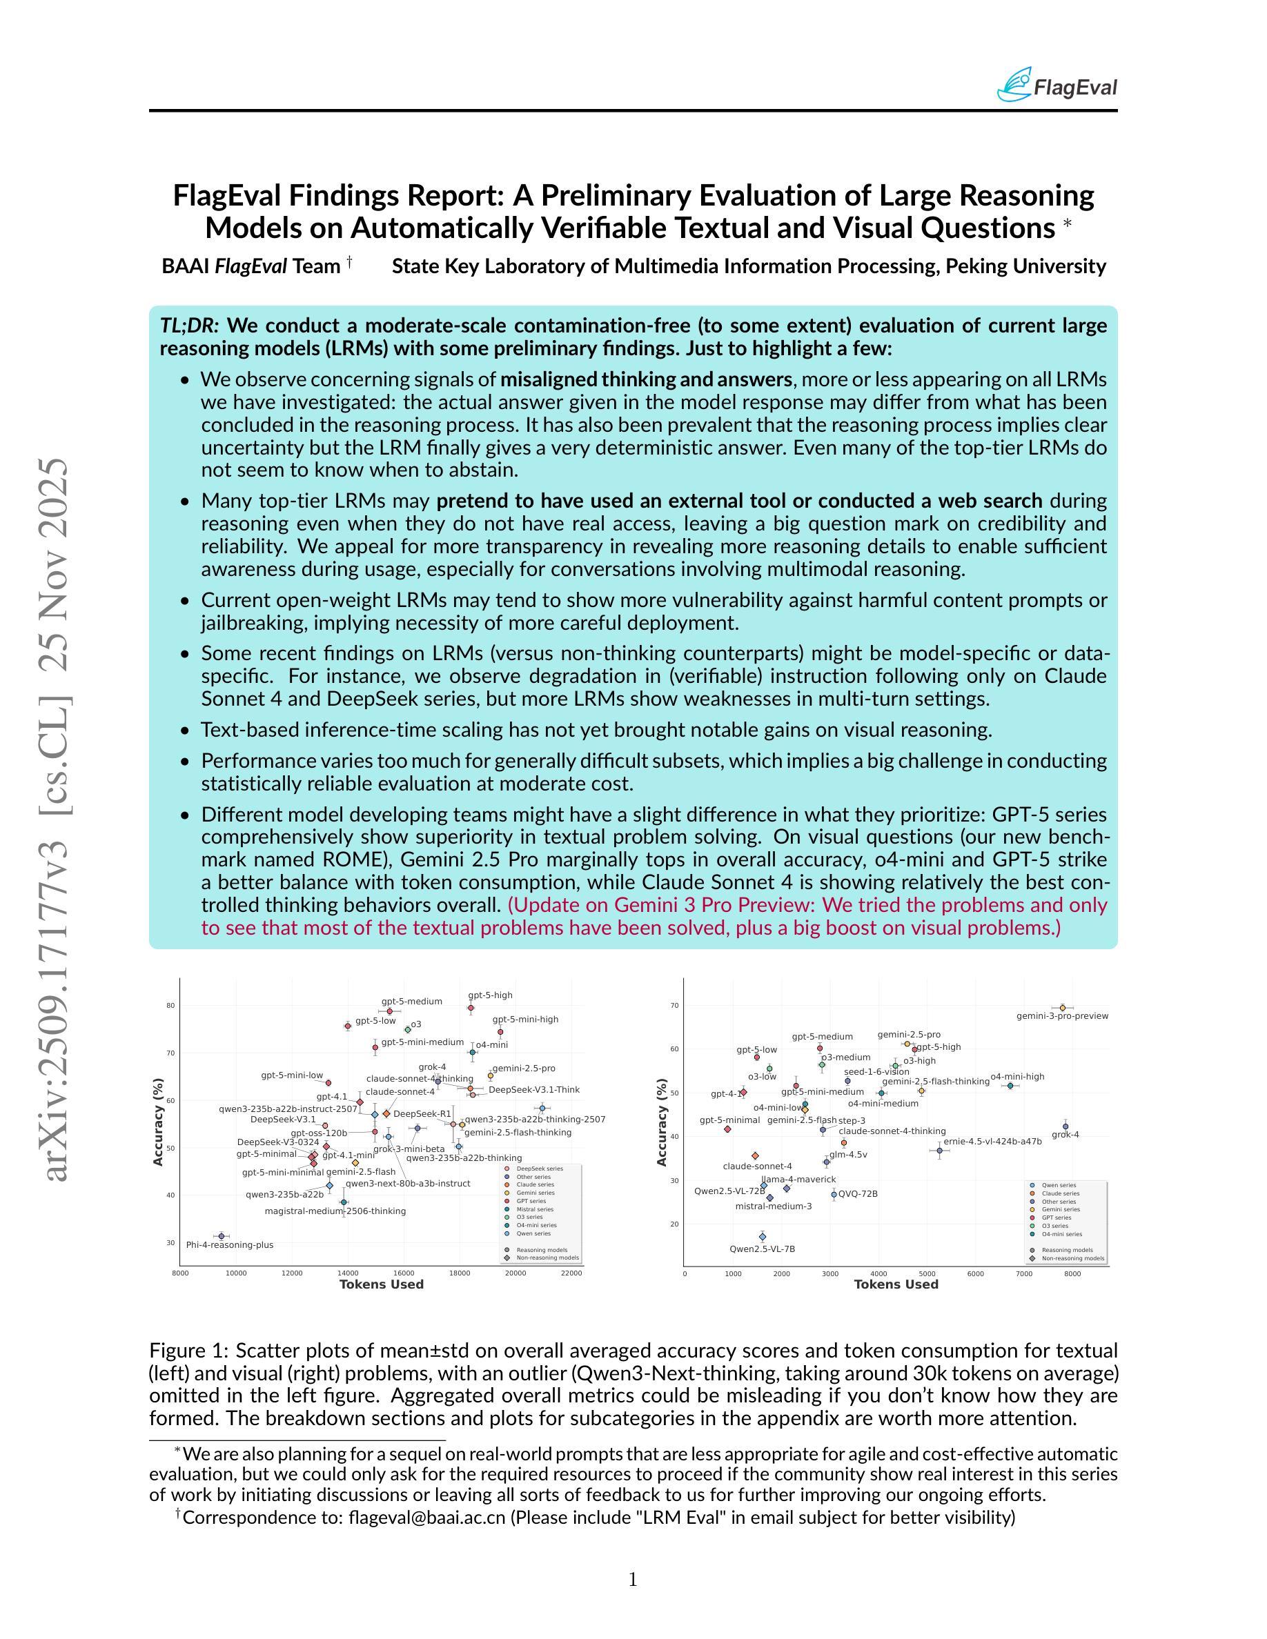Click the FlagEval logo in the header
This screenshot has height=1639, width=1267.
[x=1056, y=86]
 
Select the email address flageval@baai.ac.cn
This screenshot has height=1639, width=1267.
[x=427, y=1518]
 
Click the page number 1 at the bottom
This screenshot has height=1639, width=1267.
[x=633, y=1580]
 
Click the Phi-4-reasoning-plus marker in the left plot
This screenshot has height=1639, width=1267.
[x=221, y=1236]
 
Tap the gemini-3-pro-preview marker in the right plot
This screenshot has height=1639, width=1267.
[x=1062, y=1008]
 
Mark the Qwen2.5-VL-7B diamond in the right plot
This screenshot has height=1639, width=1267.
[x=763, y=1237]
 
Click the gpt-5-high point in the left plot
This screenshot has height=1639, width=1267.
[x=471, y=1008]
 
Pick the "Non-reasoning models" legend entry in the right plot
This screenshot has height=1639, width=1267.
[x=1072, y=1258]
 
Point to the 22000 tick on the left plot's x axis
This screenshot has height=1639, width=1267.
[x=571, y=1273]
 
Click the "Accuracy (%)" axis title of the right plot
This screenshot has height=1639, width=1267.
[x=661, y=1122]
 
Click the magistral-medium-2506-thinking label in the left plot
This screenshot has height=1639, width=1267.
[x=335, y=1211]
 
